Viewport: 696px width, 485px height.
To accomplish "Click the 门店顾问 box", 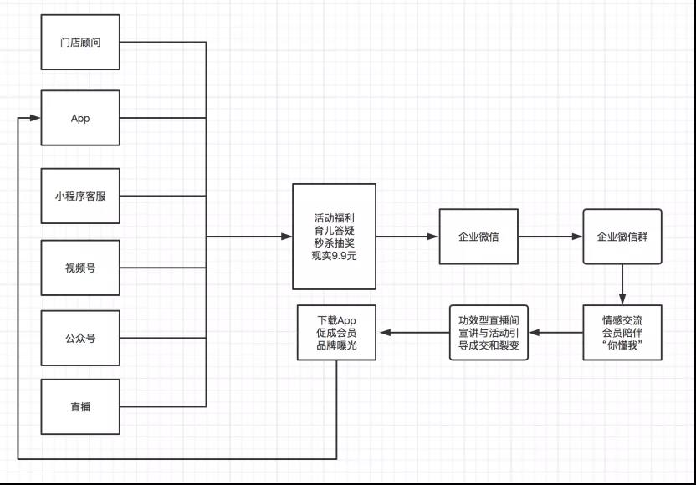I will pyautogui.click(x=80, y=42).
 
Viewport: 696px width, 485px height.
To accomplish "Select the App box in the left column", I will pyautogui.click(x=80, y=118).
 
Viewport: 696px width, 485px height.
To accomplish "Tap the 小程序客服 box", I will pyautogui.click(x=80, y=197).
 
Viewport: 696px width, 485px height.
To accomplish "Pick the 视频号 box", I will pyautogui.click(x=80, y=268).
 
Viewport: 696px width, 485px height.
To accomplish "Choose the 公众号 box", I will pyautogui.click(x=80, y=339).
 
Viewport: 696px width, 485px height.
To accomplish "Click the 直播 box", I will pyautogui.click(x=80, y=407).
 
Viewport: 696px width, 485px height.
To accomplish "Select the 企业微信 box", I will pyautogui.click(x=478, y=237).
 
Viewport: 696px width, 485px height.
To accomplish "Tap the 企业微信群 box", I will pyautogui.click(x=622, y=237).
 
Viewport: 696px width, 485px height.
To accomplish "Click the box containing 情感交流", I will pyautogui.click(x=622, y=333).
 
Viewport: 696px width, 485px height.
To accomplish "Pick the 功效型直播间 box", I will pyautogui.click(x=489, y=333).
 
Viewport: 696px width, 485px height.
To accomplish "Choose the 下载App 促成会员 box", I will pyautogui.click(x=336, y=333).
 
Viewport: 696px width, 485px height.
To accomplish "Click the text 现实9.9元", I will pyautogui.click(x=334, y=254).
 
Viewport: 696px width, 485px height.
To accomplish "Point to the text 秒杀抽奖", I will pyautogui.click(x=334, y=242).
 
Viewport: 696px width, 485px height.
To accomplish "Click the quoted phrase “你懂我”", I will pyautogui.click(x=622, y=345).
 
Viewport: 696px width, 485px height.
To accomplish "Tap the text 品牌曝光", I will pyautogui.click(x=336, y=345).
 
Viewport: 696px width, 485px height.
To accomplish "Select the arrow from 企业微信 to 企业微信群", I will pyautogui.click(x=550, y=237).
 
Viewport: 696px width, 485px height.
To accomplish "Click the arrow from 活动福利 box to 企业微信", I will pyautogui.click(x=407, y=237).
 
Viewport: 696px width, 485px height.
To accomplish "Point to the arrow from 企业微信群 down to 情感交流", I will pyautogui.click(x=622, y=285).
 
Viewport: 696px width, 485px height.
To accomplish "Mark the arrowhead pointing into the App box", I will pyautogui.click(x=34, y=118).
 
